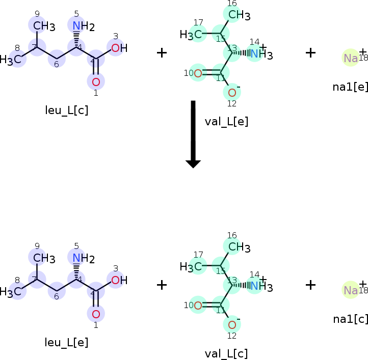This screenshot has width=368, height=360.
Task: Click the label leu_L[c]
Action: click(x=66, y=110)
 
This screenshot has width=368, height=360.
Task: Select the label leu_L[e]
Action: click(x=66, y=343)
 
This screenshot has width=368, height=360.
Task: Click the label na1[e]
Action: click(x=350, y=87)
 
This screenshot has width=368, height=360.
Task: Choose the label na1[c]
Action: click(x=350, y=319)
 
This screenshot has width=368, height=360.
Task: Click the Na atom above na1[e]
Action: click(x=351, y=58)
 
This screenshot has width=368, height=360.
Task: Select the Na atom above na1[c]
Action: click(x=351, y=290)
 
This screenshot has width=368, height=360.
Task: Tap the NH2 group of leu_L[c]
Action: click(x=82, y=26)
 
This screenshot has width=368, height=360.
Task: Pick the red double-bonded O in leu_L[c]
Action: click(x=96, y=81)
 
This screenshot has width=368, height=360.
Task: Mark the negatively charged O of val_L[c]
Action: click(x=232, y=325)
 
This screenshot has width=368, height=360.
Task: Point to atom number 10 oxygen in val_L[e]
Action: click(x=198, y=73)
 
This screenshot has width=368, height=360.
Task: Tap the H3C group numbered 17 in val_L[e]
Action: click(x=191, y=35)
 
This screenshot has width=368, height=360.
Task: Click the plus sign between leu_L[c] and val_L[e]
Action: click(x=162, y=52)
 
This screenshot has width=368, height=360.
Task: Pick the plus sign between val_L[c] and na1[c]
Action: click(x=310, y=285)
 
